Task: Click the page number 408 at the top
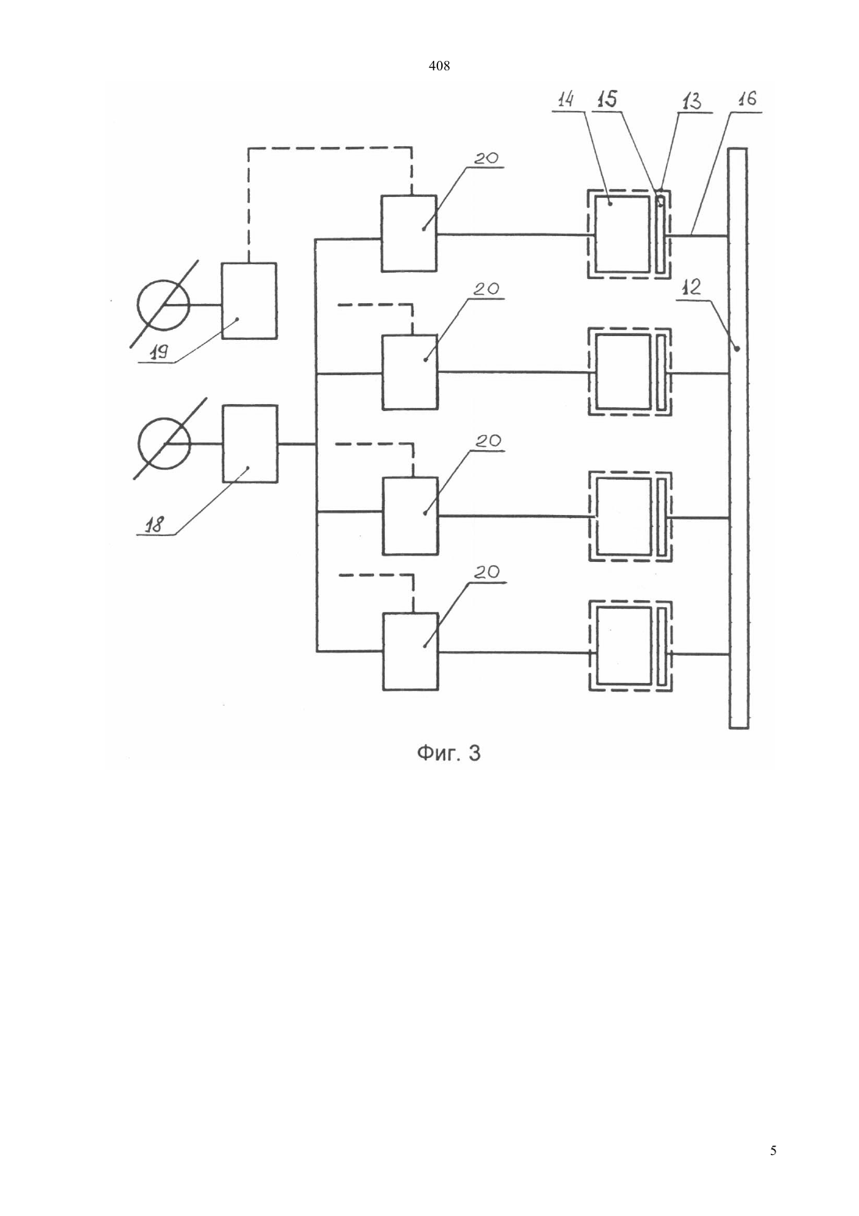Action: coord(439,66)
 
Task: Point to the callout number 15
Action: coord(607,99)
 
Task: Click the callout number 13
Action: coord(691,102)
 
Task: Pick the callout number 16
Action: coord(747,98)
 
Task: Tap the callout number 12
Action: coord(690,287)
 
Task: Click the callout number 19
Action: coord(159,353)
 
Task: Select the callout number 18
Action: coord(156,525)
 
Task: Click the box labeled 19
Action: coord(249,301)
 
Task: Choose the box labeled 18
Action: coord(251,444)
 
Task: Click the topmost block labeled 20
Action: coord(409,233)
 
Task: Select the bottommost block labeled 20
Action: coord(411,652)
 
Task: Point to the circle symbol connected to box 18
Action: coord(164,444)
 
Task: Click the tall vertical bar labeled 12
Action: coord(738,438)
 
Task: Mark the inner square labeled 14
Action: coord(622,234)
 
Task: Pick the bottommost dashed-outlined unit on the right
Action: coord(631,646)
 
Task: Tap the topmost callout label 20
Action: coord(487,159)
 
